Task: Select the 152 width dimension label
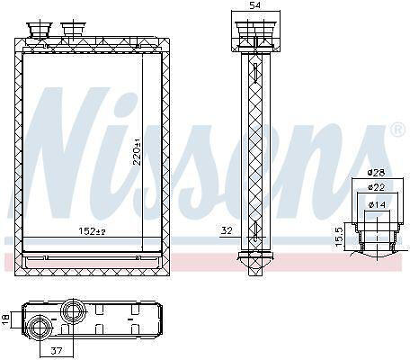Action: pos(92,231)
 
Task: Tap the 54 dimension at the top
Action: pos(255,5)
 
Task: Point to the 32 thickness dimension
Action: pos(227,230)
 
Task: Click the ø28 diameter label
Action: pos(377,172)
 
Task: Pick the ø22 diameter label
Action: pos(377,187)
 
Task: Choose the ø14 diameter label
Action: pos(377,204)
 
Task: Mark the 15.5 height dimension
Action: pos(338,237)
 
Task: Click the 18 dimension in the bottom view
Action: pos(6,319)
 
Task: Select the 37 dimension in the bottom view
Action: pos(56,350)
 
